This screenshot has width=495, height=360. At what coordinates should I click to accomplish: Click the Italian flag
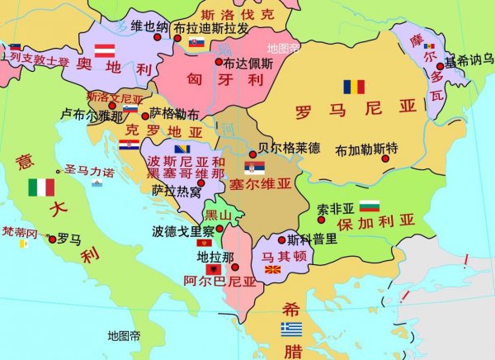(x=40, y=187)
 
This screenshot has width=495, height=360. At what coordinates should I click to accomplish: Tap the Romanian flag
(x=354, y=87)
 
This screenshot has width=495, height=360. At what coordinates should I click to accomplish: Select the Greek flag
(x=291, y=329)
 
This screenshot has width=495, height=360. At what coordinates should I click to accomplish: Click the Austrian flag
(x=104, y=50)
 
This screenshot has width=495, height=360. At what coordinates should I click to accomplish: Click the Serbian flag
(x=254, y=166)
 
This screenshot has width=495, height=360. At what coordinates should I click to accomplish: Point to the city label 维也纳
(x=148, y=26)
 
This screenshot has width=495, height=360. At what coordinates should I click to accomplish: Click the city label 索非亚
(x=336, y=208)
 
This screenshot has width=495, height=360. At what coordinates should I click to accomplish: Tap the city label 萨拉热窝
(x=176, y=192)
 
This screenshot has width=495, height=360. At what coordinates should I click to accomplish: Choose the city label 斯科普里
(x=312, y=239)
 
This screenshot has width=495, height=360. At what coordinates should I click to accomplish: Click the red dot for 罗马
(x=53, y=239)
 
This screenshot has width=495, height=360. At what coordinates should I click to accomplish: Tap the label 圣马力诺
(x=88, y=170)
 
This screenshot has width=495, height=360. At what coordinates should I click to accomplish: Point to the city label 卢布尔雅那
(x=91, y=116)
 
